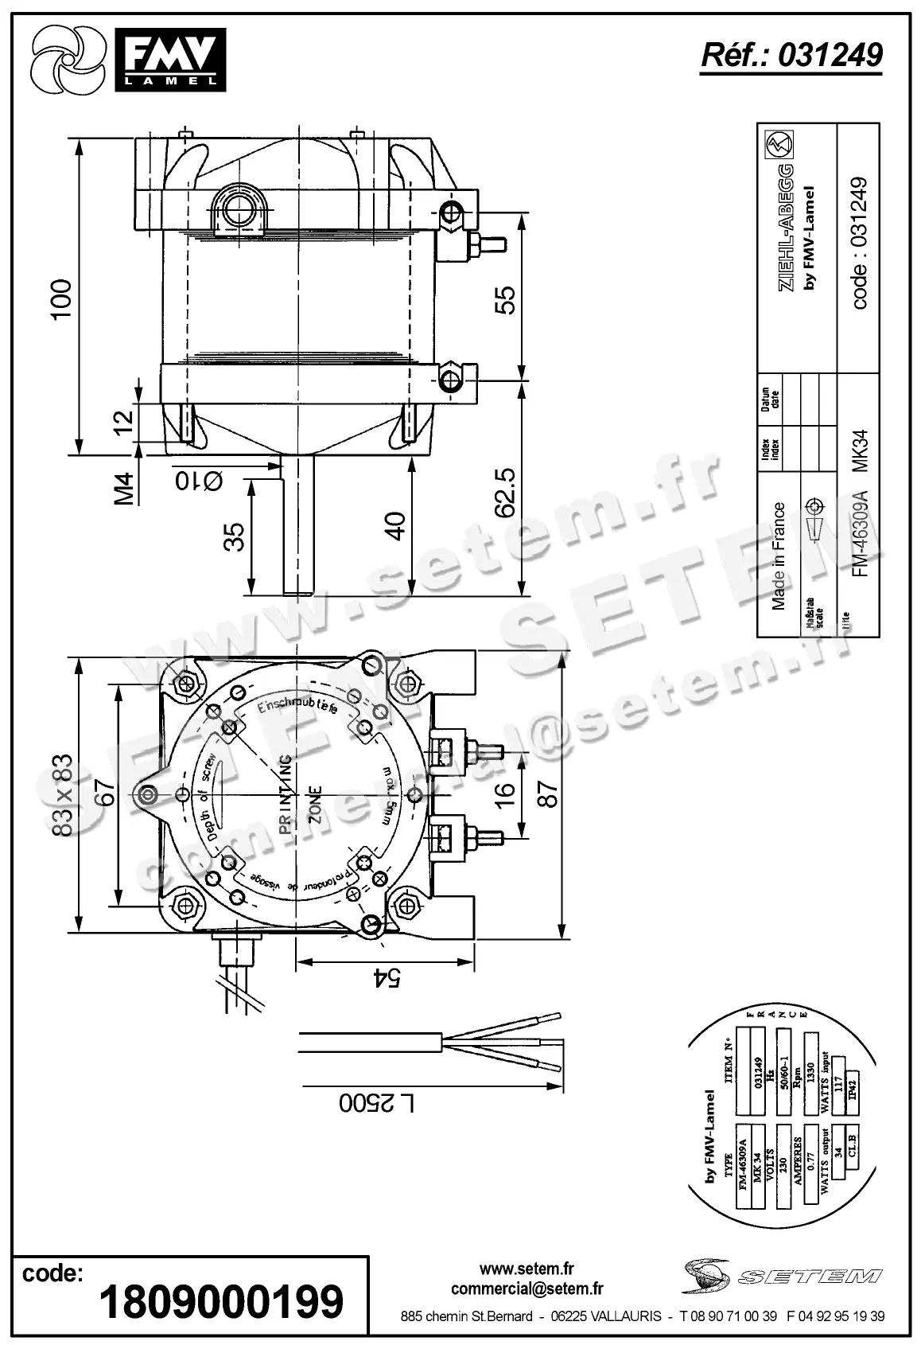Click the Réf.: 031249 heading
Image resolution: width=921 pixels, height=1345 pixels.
[x=791, y=56]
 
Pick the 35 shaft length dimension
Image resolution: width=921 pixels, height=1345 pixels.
[x=233, y=538]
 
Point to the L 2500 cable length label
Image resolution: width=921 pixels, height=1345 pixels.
[x=378, y=1103]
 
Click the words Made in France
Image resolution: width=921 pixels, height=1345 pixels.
[x=779, y=556]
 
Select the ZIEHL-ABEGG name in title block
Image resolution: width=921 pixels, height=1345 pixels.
[x=785, y=228]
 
